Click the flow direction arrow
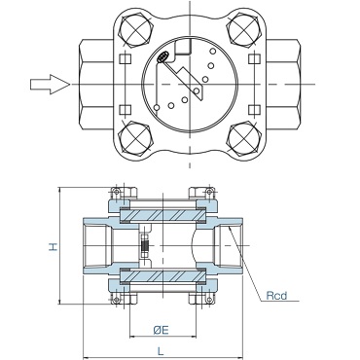pyautogui.click(x=50, y=85)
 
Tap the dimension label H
pyautogui.click(x=54, y=246)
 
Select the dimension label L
pyautogui.click(x=161, y=350)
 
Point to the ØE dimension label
pyautogui.click(x=162, y=330)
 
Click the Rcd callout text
pyautogui.click(x=276, y=296)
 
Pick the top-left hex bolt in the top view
pyautogui.click(x=135, y=31)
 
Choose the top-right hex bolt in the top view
pyautogui.click(x=244, y=31)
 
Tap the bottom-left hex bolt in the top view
pyautogui.click(x=135, y=138)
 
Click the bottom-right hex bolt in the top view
pyautogui.click(x=244, y=138)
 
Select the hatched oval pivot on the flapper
pyautogui.click(x=162, y=56)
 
